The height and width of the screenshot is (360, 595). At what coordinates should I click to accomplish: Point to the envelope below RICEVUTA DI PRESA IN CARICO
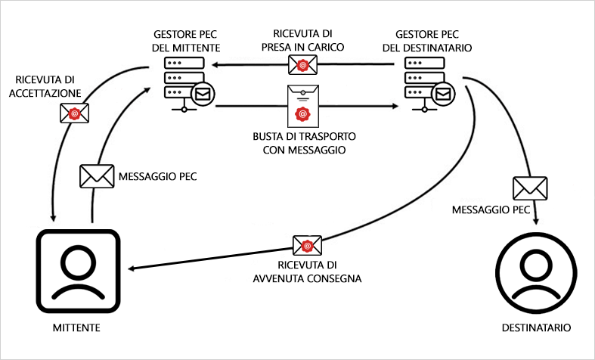pos(303,66)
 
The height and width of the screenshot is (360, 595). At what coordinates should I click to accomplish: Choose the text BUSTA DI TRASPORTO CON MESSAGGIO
pos(303,144)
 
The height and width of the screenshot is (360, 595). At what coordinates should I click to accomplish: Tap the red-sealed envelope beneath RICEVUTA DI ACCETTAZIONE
pos(74,113)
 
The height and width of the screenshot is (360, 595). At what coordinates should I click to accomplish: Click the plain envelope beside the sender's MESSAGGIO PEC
pos(96,176)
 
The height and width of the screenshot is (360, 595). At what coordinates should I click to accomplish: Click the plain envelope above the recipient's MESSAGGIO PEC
pos(529,188)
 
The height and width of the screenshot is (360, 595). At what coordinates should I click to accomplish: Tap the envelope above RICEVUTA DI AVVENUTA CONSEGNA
pos(307,246)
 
